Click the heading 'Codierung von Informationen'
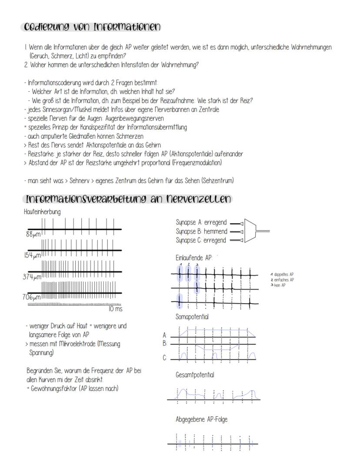pyautogui.click(x=90, y=27)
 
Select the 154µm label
pyautogui.click(x=31, y=255)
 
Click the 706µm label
pyautogui.click(x=31, y=298)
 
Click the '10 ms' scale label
pyautogui.click(x=115, y=309)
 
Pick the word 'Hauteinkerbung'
pyautogui.click(x=43, y=211)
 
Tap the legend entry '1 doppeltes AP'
pyautogui.click(x=282, y=275)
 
